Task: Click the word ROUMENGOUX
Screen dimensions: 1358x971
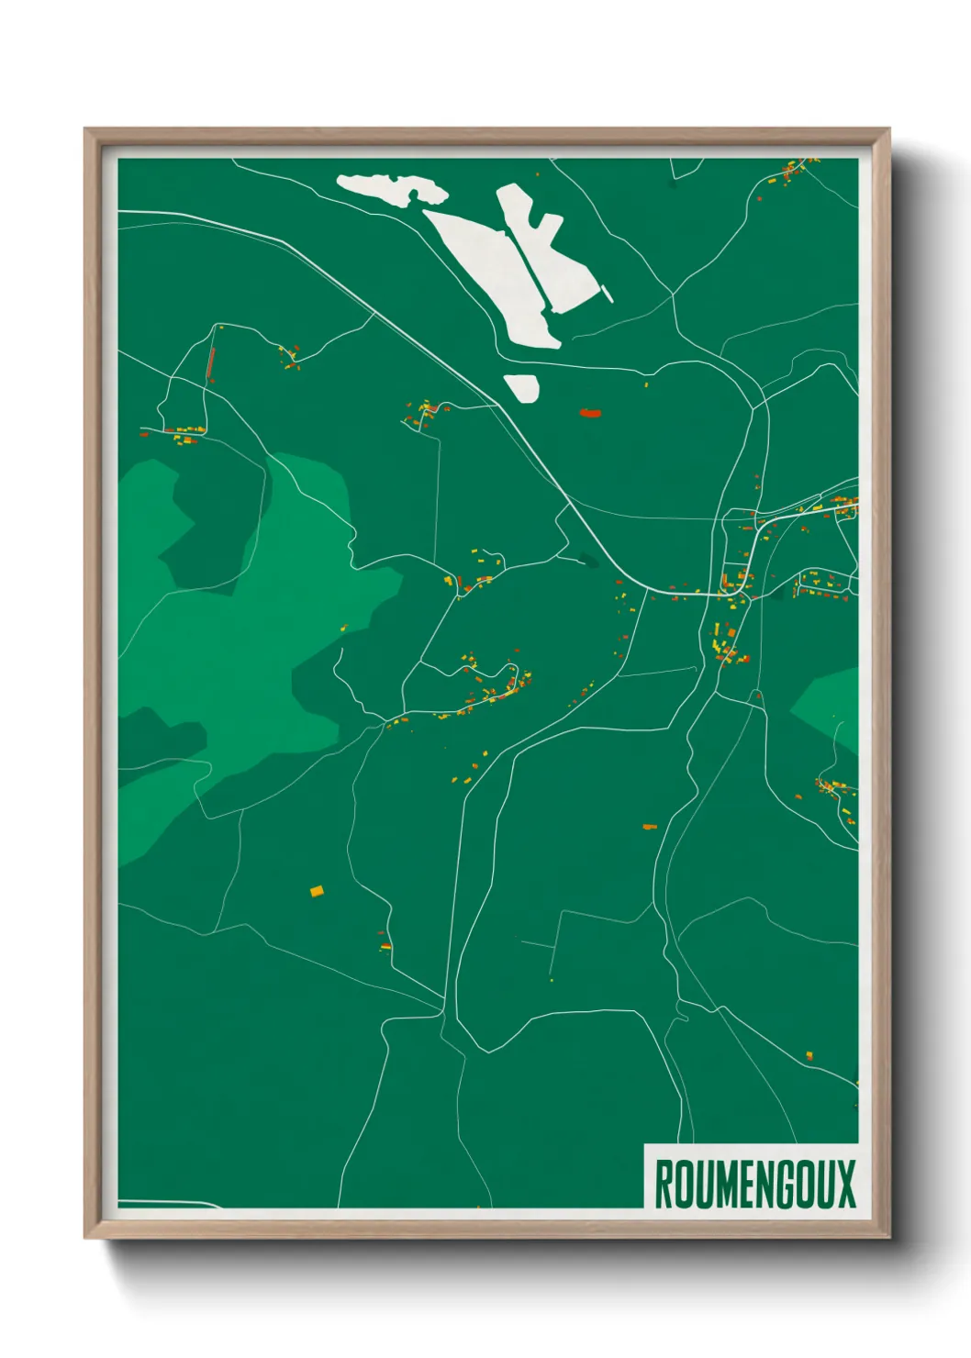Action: pos(754,1184)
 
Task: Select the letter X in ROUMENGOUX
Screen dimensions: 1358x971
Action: pos(845,1184)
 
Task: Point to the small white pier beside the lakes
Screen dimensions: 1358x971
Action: pos(607,295)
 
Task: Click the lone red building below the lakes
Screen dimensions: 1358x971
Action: pos(589,413)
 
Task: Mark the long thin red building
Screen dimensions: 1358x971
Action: pos(211,363)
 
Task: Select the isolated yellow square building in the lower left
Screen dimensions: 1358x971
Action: pos(317,890)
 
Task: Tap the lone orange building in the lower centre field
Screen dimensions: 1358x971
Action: pos(650,827)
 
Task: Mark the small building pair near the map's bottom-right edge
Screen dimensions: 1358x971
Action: pos(809,1056)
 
